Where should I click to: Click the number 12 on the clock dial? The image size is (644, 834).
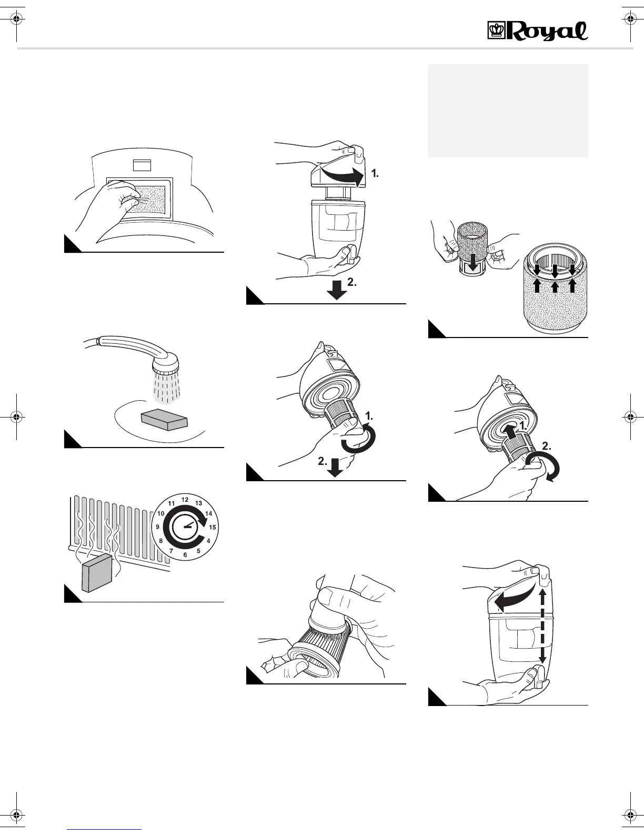(x=185, y=499)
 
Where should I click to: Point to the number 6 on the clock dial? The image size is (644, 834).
(x=185, y=555)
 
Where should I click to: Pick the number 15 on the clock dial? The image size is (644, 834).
(x=213, y=527)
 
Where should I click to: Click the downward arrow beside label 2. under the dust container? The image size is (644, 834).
(x=337, y=290)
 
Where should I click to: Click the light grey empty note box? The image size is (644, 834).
(x=508, y=111)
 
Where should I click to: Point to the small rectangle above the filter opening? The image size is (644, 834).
(x=142, y=165)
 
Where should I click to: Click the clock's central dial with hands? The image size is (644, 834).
(x=185, y=527)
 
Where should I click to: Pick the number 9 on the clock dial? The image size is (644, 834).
(x=157, y=527)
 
